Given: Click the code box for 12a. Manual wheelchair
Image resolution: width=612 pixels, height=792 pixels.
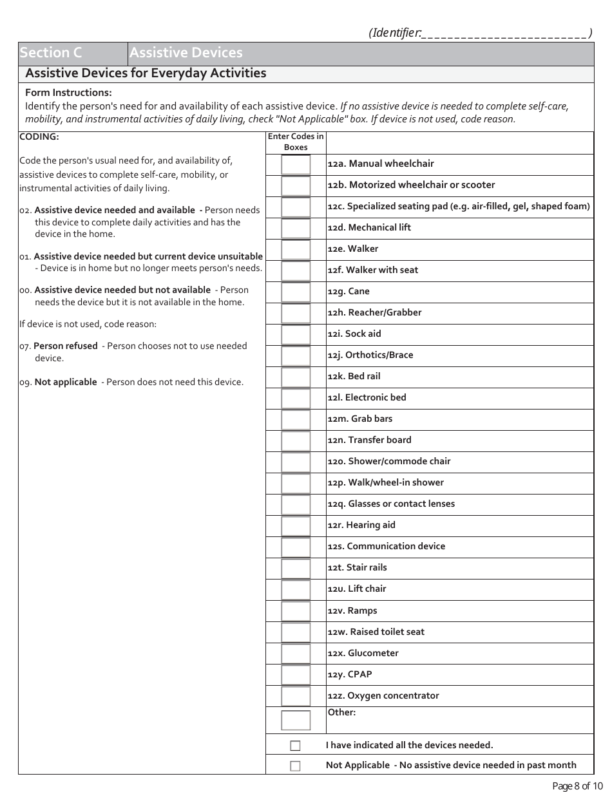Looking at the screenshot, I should [296, 164].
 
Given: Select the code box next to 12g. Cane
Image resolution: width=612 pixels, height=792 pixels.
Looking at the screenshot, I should [296, 292].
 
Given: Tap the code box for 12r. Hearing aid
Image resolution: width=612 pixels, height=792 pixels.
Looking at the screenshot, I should [296, 525].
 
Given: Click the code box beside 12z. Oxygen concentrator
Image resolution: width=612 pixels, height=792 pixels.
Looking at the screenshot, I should [296, 696].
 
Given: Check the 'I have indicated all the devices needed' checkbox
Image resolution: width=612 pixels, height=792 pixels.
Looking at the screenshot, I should [295, 746].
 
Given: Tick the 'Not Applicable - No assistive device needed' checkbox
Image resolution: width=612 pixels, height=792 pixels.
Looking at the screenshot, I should [295, 766].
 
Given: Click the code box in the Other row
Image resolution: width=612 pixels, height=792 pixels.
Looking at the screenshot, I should [296, 720].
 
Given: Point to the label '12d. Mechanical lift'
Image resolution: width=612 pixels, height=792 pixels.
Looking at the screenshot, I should [369, 228].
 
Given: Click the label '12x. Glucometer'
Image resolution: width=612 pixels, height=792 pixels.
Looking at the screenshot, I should [363, 654].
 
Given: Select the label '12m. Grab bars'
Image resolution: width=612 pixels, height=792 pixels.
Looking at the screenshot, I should [359, 419].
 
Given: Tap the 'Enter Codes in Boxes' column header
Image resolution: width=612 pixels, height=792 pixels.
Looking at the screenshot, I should [296, 142].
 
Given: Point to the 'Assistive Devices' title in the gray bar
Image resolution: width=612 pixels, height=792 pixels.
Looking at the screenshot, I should [186, 53].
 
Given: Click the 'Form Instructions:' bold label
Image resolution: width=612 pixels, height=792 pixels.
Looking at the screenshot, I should [68, 93].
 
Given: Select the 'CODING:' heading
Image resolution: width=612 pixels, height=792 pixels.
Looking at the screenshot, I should [39, 137].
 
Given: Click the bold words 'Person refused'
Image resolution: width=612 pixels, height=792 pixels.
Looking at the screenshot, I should [66, 346].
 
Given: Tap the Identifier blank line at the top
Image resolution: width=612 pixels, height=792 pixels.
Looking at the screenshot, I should [504, 33].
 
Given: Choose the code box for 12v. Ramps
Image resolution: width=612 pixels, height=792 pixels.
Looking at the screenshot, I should [296, 611].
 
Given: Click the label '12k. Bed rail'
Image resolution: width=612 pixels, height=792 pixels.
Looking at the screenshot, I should [354, 377].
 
